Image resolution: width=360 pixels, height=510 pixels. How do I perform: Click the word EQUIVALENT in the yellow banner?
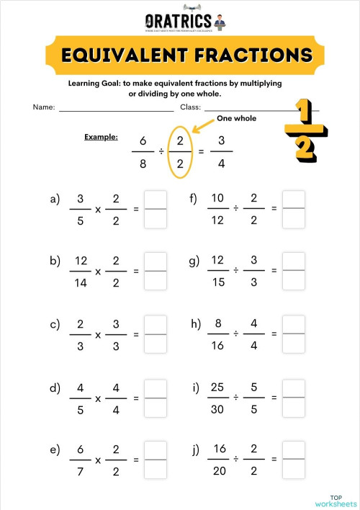click(x=124, y=55)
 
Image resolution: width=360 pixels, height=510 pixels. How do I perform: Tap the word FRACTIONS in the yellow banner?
click(x=251, y=55)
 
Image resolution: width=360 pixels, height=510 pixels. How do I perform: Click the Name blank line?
click(x=116, y=111)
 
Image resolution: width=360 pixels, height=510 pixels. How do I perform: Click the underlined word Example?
click(x=101, y=136)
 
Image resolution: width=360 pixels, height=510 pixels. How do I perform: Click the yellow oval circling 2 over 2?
click(x=181, y=152)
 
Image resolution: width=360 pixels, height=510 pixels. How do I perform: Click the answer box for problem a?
click(x=156, y=209)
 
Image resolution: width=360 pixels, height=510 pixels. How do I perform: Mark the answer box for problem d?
click(x=156, y=398)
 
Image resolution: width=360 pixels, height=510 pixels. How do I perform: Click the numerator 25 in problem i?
click(x=217, y=388)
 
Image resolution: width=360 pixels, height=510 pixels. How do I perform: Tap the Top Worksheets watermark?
click(x=336, y=501)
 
